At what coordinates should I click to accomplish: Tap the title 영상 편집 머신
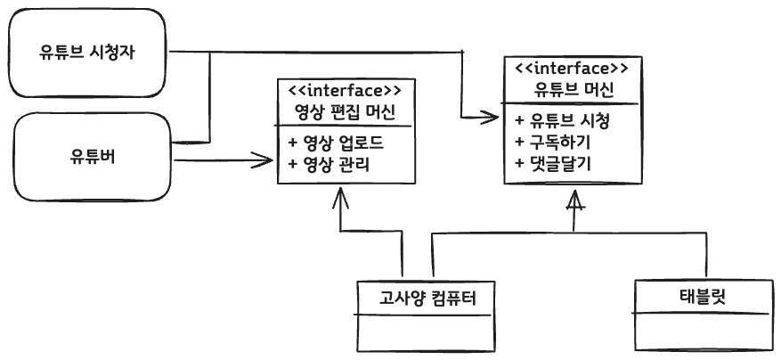pyautogui.click(x=344, y=112)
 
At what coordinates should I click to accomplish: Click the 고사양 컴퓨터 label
pyautogui.click(x=424, y=297)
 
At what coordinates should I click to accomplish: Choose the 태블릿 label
pyautogui.click(x=701, y=295)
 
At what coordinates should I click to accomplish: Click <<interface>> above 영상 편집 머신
pyautogui.click(x=344, y=90)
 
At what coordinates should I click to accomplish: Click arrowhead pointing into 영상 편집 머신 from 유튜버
pyautogui.click(x=265, y=160)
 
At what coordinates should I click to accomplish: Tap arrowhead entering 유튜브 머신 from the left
pyautogui.click(x=492, y=116)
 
